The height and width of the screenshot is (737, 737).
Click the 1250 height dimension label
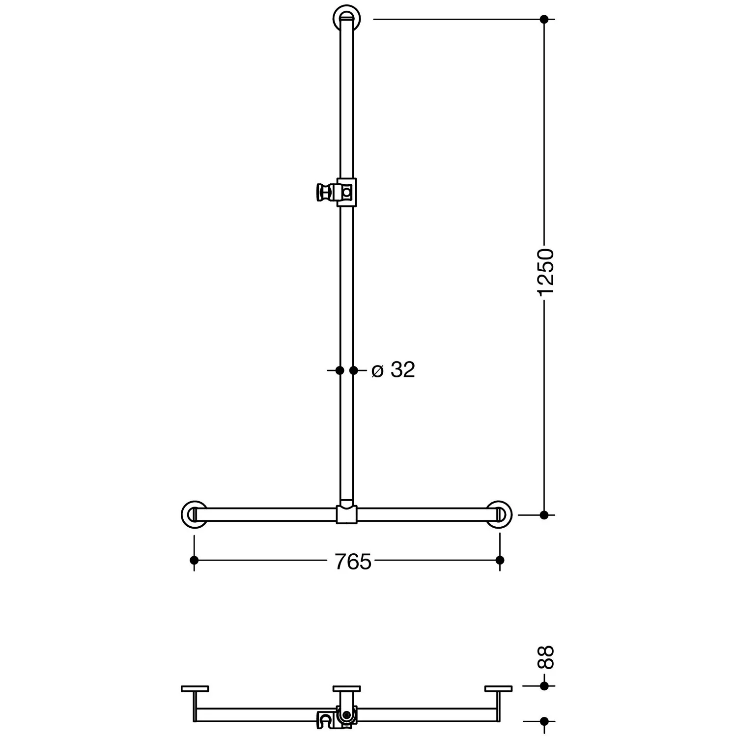(545, 272)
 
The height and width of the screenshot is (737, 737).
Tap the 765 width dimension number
(353, 562)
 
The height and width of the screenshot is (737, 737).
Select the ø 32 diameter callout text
(394, 370)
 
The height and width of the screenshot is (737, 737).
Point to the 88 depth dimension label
(545, 657)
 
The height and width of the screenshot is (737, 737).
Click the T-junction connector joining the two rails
(347, 513)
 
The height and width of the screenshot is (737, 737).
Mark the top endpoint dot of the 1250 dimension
(544, 19)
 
